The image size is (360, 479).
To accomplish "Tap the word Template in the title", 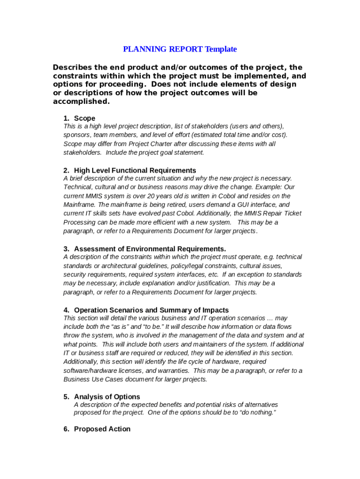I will [221, 49].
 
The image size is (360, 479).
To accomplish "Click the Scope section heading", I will [85, 118].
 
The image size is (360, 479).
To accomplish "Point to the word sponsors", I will [77, 135].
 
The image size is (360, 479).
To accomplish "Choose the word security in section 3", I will [75, 275].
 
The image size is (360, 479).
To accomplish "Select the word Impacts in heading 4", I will [216, 310].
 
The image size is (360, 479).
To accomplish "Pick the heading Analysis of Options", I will [107, 397].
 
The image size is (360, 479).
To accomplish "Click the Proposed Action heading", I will [102, 429].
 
